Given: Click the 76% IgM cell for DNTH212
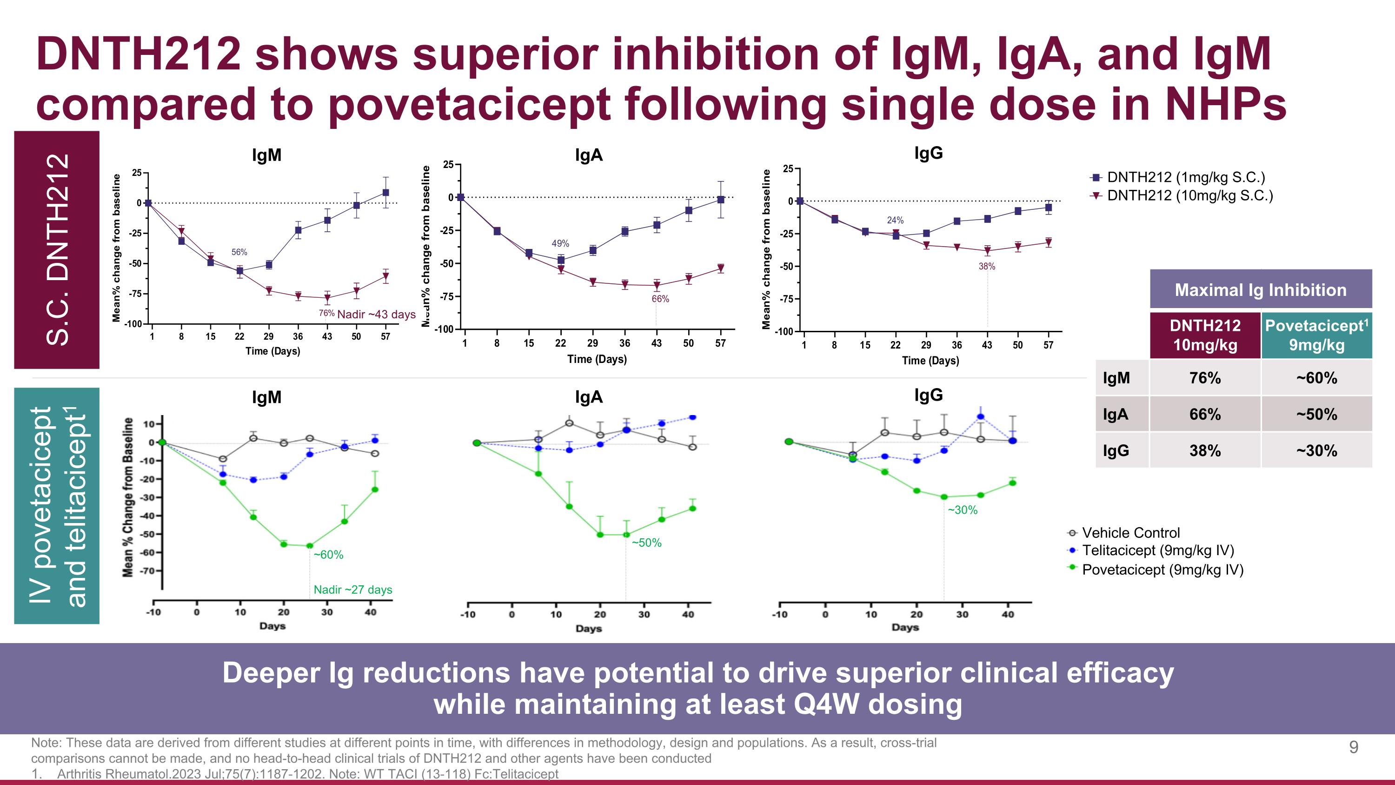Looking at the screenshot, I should tap(1205, 377).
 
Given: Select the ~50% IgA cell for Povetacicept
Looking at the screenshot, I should tap(1316, 415).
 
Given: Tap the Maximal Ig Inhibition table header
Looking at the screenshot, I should tap(1260, 290).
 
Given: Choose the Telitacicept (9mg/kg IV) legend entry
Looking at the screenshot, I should tap(1157, 550).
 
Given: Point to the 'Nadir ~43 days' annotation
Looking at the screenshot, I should tap(376, 314).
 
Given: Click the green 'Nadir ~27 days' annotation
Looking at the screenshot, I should tap(353, 590).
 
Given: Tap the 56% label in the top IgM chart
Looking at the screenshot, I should tap(239, 252).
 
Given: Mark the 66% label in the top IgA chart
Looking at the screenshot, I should tap(660, 299).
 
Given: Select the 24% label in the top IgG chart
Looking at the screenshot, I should tap(895, 220).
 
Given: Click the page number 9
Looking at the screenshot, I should tap(1353, 748).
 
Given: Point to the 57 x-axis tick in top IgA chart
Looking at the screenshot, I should tap(720, 343).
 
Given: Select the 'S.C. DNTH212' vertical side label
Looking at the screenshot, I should tap(57, 249).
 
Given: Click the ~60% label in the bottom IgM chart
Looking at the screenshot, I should tap(328, 555).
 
